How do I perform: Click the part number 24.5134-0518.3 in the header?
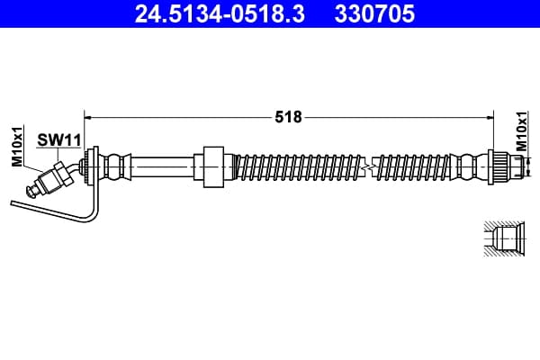220,13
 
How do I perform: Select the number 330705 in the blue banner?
374,13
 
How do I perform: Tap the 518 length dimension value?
289,117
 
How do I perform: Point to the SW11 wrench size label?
58,140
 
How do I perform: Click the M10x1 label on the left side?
17,146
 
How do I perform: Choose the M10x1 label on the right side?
522,131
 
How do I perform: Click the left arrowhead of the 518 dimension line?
87,118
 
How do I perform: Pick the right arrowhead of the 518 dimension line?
490,118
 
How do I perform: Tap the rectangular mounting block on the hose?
213,167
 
